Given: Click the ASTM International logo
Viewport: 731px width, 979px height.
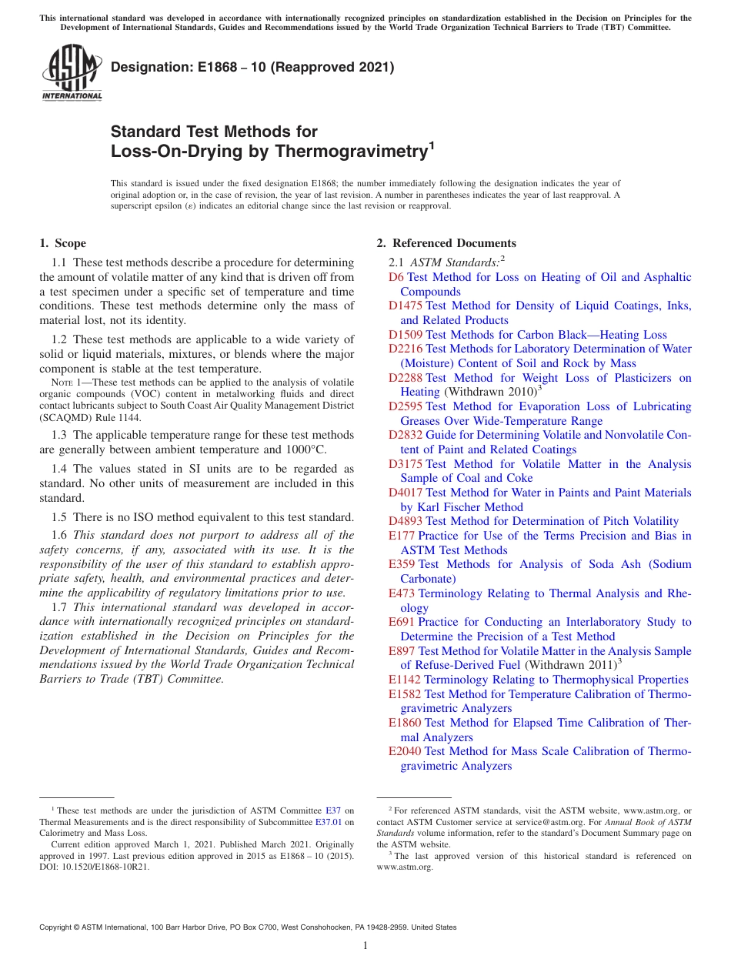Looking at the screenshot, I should pos(72,73).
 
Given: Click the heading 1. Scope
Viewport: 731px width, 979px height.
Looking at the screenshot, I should pos(62,243).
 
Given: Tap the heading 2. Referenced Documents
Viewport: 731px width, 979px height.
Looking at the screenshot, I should pos(446,243).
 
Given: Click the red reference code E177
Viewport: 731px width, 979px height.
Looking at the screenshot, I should pos(402,536).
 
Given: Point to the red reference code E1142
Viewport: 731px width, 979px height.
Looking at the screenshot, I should pos(405,680).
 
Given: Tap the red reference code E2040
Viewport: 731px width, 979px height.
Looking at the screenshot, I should pos(405,751).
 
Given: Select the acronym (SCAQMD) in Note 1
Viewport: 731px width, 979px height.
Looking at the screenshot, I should pos(65,417).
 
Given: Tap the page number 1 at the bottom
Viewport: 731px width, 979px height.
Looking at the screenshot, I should pos(365,945).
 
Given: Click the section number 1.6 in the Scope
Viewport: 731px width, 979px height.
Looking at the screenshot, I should pos(60,535).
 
